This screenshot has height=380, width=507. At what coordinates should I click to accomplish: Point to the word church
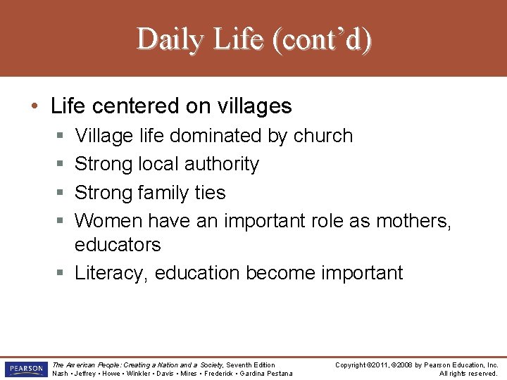321,135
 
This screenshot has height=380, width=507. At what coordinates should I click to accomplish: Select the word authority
221,164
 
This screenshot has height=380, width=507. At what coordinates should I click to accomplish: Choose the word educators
118,245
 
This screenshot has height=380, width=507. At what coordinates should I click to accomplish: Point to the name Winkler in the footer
140,374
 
